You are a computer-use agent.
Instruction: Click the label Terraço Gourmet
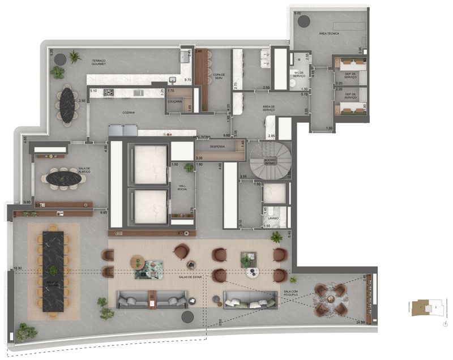(106, 62)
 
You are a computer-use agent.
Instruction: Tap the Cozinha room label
(129, 113)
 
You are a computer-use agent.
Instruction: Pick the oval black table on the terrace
(67, 104)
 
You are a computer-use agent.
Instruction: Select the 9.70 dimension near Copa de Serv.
(188, 80)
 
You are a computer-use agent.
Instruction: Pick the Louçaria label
(175, 102)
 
